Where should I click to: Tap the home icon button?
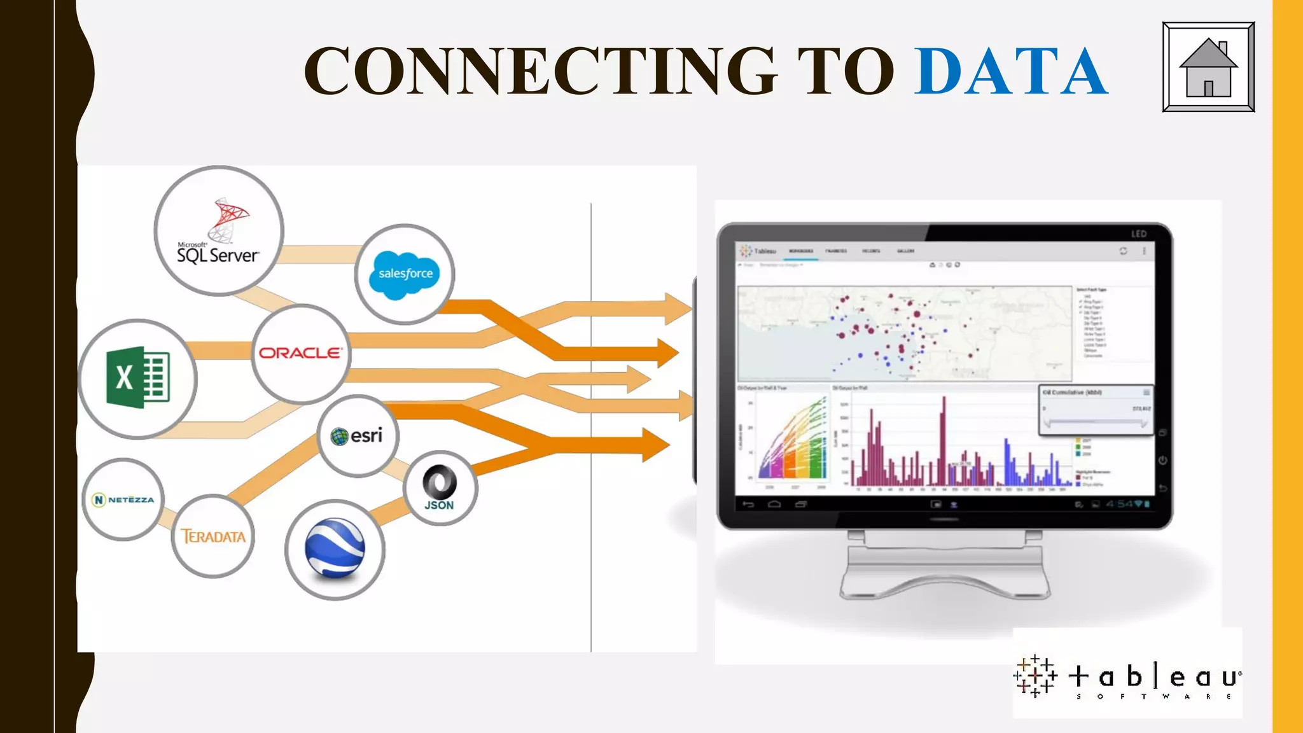(1208, 67)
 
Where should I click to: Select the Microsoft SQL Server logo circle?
(219, 231)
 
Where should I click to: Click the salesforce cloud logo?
(405, 274)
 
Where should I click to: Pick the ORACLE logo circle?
(301, 354)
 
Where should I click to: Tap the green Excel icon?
(138, 378)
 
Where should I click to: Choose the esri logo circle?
(358, 436)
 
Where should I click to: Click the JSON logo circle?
(440, 488)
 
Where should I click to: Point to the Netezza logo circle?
(123, 499)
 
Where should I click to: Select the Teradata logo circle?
(213, 536)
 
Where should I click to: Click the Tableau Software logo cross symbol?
(1035, 676)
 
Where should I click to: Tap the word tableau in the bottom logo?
(1154, 677)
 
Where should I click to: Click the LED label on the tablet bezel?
(1138, 234)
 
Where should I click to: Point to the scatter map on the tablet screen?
(903, 333)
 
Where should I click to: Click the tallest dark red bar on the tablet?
(944, 439)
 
